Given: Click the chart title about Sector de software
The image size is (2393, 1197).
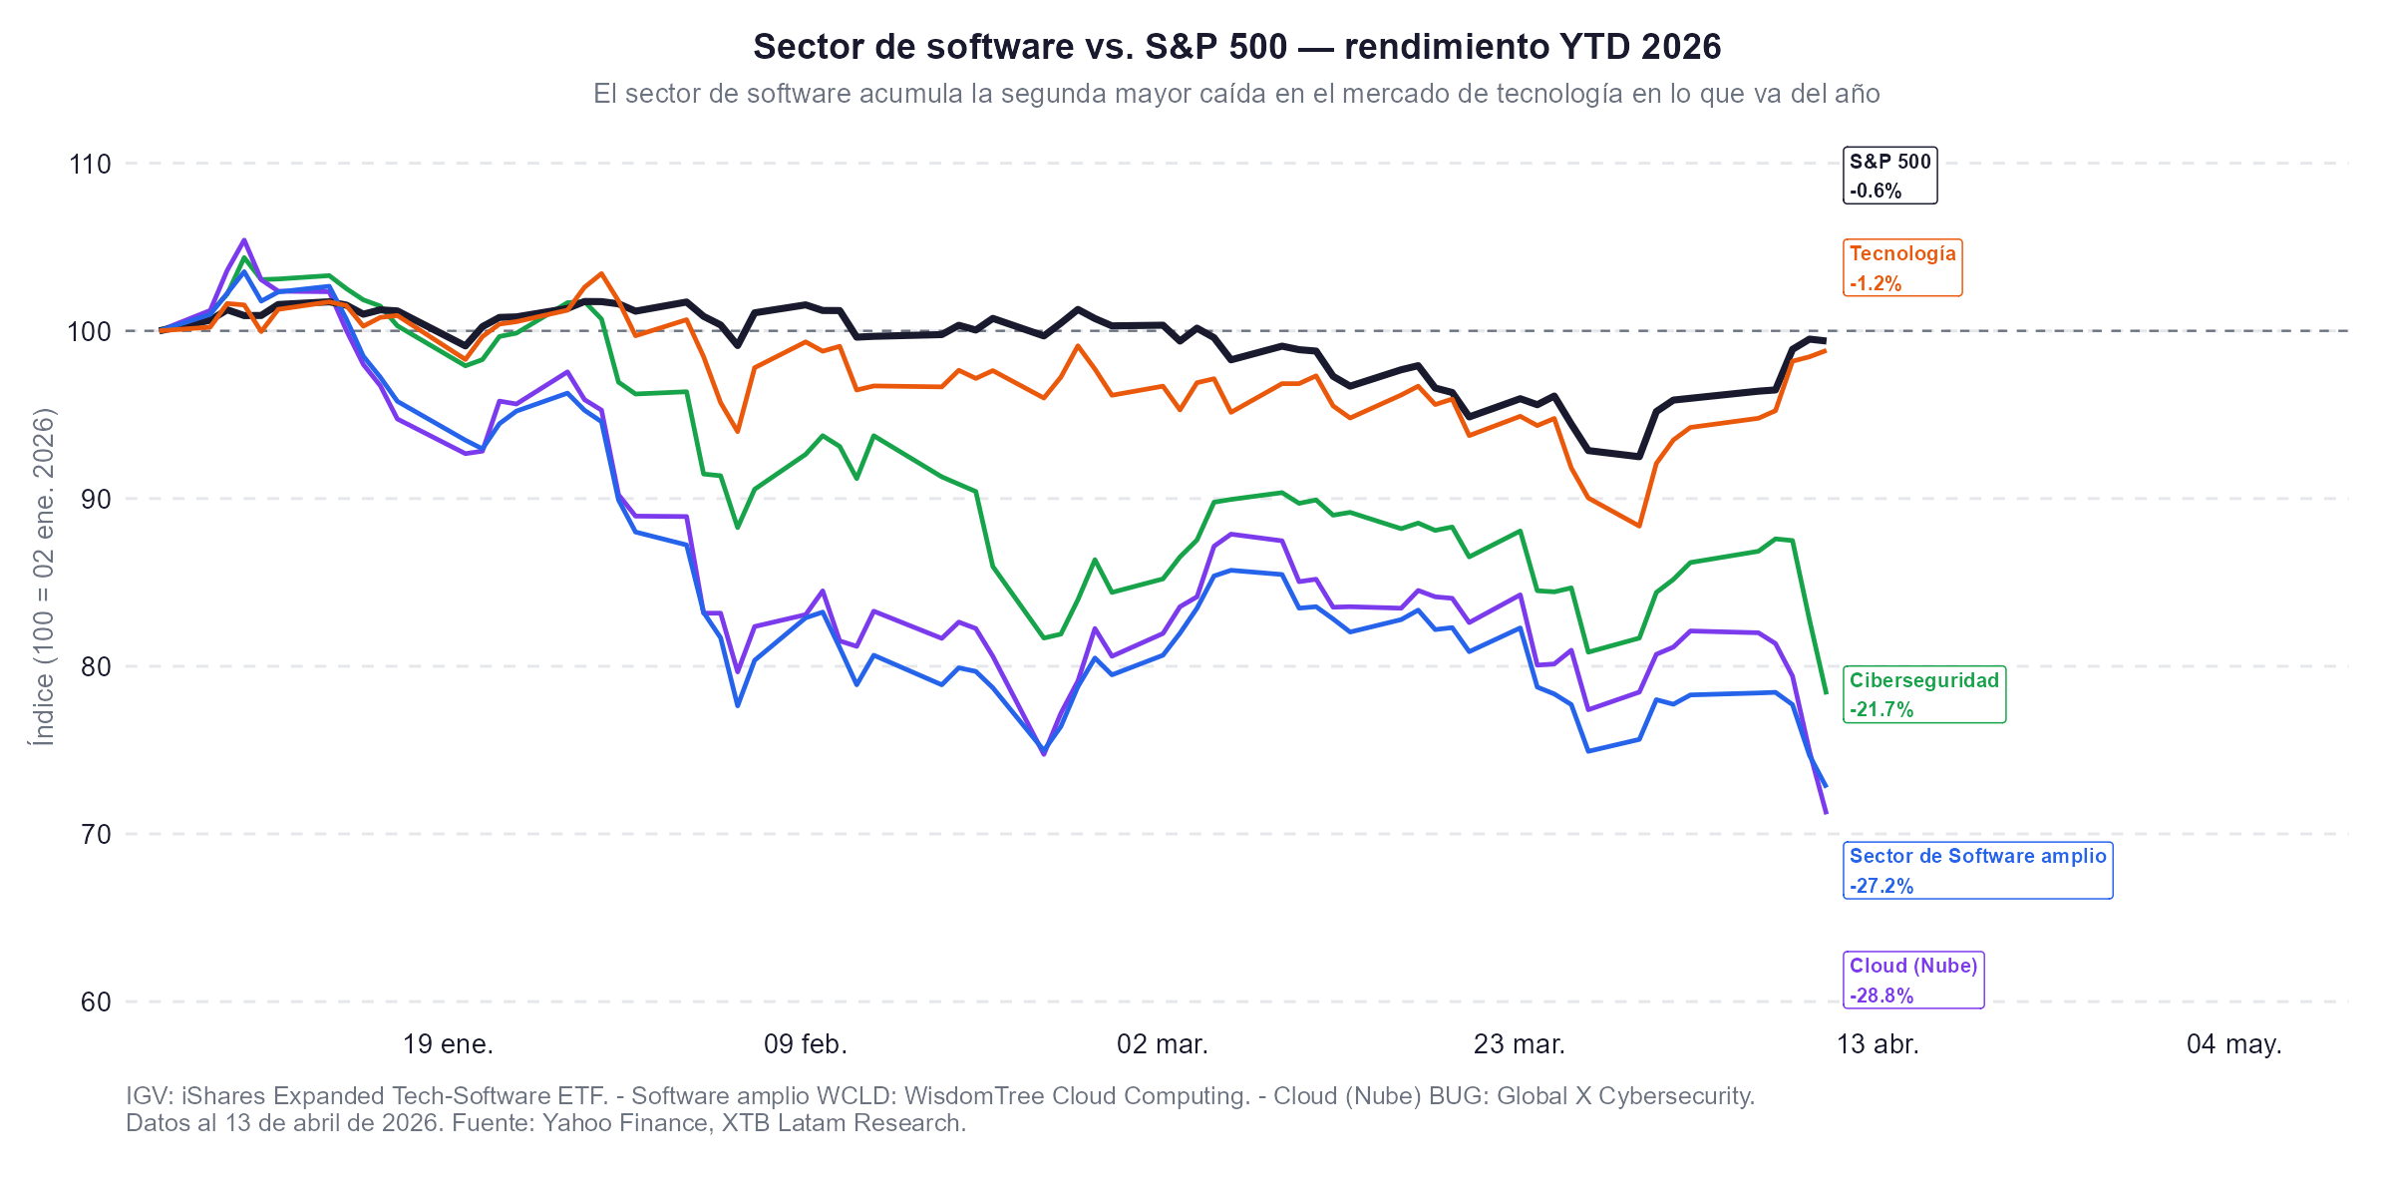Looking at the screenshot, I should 1236,47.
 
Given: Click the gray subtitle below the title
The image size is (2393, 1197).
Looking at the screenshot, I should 1236,94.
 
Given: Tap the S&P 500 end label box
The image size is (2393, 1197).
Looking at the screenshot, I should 1889,176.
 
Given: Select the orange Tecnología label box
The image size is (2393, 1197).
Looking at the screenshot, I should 1902,267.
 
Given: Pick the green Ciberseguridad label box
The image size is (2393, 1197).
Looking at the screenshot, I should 1923,694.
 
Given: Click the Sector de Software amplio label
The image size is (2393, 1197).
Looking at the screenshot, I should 1977,870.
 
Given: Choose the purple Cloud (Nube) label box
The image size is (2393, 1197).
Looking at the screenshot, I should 1913,980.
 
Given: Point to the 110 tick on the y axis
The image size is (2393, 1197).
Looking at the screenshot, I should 90,164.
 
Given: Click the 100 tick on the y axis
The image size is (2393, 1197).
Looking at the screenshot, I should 90,331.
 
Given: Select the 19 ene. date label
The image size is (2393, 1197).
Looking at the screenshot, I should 448,1044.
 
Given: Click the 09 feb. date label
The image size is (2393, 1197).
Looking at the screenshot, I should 806,1044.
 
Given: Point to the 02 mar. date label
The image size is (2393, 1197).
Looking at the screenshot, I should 1163,1044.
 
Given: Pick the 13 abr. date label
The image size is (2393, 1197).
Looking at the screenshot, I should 1878,1044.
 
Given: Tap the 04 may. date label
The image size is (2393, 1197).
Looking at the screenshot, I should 2233,1044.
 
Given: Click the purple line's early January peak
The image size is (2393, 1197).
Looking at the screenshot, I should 244,240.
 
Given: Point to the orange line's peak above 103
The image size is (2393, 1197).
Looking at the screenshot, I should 601,273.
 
